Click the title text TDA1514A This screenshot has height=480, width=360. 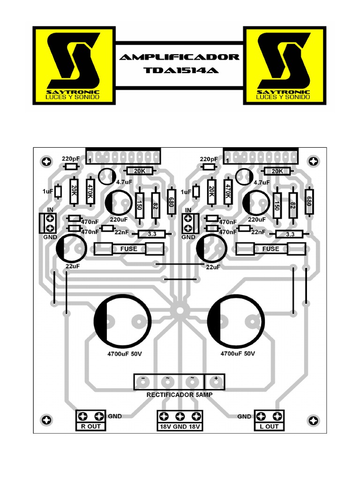click(180, 71)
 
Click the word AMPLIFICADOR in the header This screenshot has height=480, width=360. click(180, 57)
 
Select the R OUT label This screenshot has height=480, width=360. click(91, 427)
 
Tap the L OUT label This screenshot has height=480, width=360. click(269, 427)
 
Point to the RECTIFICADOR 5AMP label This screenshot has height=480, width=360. click(180, 395)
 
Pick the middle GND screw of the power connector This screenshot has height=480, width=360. click(180, 416)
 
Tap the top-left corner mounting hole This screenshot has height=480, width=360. click(46, 161)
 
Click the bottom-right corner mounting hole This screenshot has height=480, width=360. click(312, 419)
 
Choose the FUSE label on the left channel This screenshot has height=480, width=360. click(129, 249)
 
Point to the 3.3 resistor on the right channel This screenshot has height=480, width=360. click(290, 234)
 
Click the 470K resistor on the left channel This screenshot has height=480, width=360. click(91, 191)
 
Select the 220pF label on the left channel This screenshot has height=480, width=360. click(71, 158)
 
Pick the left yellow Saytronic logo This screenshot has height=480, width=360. click(73, 65)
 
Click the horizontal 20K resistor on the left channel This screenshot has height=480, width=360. click(140, 171)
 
